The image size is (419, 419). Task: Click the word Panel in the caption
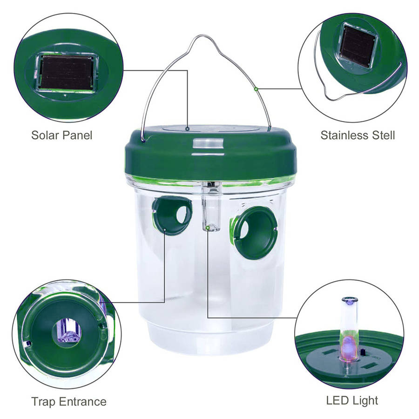(x=77, y=135)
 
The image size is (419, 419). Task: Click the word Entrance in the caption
(x=83, y=402)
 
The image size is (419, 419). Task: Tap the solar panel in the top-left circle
(x=67, y=73)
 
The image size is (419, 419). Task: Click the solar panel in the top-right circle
(x=357, y=46)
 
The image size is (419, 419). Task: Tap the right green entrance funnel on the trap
(x=254, y=233)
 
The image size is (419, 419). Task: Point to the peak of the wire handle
(x=203, y=35)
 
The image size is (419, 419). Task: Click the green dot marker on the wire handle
(x=256, y=89)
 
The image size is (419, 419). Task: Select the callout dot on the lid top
(x=188, y=129)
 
